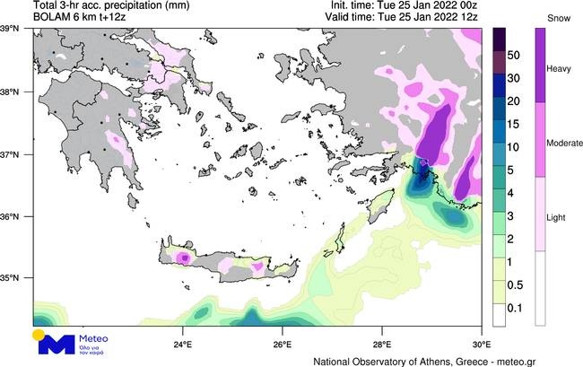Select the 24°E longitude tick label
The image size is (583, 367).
point(183,344)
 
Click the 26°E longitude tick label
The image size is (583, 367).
point(283,344)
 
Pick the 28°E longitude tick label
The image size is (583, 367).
point(381,344)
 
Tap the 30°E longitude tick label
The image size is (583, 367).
point(480,344)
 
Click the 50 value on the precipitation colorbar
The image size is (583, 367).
point(514,55)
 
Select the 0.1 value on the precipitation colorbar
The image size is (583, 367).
point(516,309)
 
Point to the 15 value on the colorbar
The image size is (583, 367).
point(514,124)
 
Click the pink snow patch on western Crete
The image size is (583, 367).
point(183,258)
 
